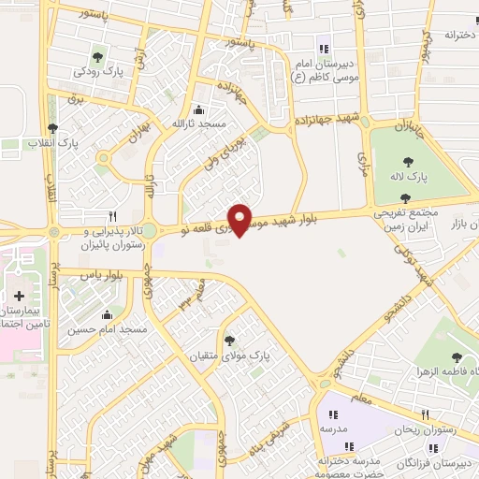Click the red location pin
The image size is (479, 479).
pos(240,219)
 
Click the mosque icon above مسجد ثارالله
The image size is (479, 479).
pos(196,109)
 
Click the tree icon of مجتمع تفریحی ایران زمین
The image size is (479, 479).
pos(404,197)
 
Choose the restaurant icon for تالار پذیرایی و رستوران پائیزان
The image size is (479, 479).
pos(112,214)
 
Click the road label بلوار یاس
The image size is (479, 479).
pos(103,276)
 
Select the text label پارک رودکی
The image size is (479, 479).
pos(100,71)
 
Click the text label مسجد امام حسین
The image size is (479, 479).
pos(107,330)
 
